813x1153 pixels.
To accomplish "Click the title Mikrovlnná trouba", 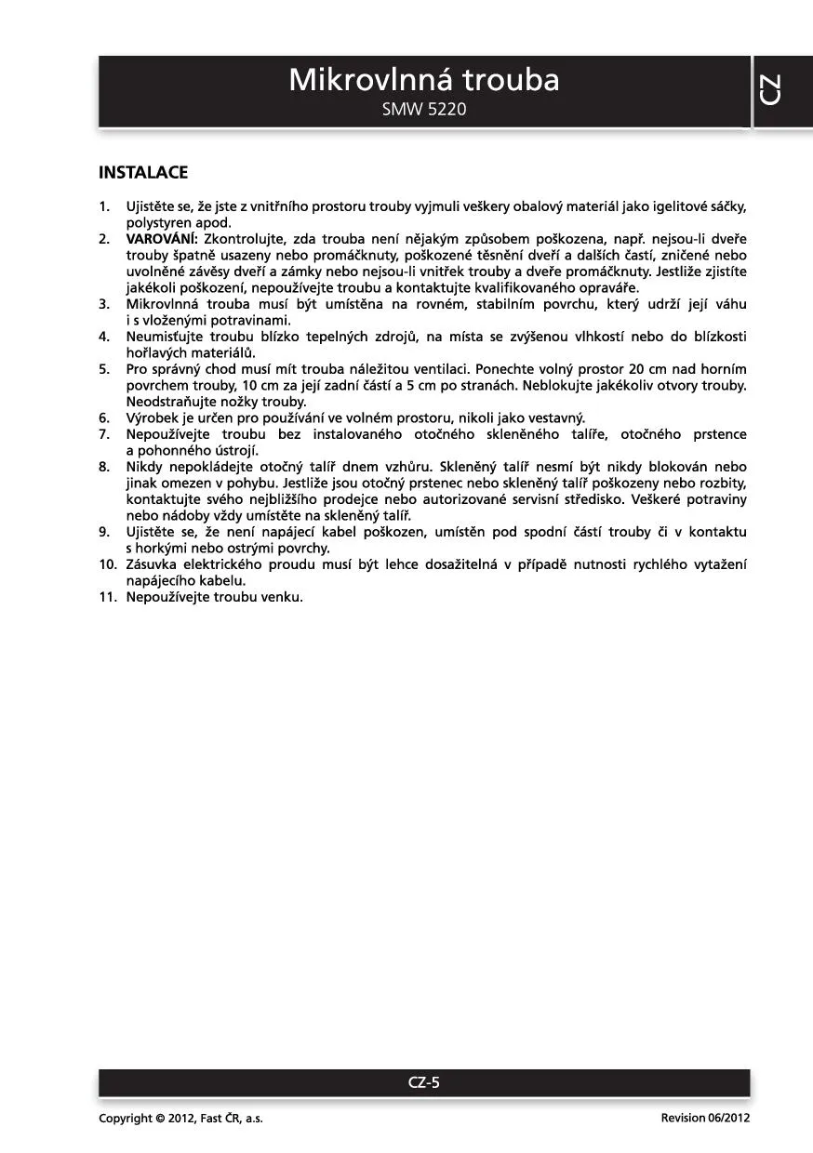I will tap(424, 81).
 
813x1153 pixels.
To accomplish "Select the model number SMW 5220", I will tap(424, 110).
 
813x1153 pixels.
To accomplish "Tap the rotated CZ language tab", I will tap(771, 89).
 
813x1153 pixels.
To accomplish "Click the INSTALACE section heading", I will tap(143, 173).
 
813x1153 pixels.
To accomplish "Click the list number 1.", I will tap(105, 206).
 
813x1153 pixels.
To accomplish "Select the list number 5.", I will tap(105, 369).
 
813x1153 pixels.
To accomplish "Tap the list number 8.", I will tap(105, 467).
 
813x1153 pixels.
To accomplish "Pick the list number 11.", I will tap(107, 597).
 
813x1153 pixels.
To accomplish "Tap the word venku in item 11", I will tap(282, 597).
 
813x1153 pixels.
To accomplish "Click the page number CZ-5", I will tap(424, 1082).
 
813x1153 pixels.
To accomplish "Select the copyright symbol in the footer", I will tap(160, 1119).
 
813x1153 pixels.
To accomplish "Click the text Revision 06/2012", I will tap(705, 1119).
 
